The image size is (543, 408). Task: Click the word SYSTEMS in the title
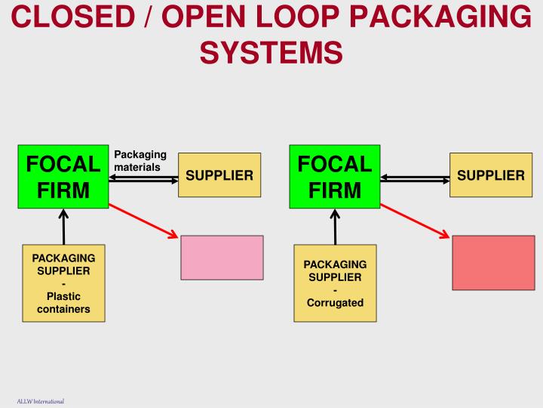(x=271, y=53)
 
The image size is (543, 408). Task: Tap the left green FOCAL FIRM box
(x=63, y=176)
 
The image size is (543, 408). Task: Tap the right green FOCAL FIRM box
(x=335, y=176)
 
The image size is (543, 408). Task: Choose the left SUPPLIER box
(x=219, y=175)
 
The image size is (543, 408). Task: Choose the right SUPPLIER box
(x=491, y=175)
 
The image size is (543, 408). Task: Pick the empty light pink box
(x=222, y=258)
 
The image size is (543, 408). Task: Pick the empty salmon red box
(x=493, y=263)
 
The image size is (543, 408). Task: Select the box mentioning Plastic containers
(x=63, y=282)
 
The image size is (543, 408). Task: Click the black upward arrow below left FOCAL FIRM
(x=63, y=227)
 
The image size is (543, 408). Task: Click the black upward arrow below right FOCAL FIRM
(x=335, y=227)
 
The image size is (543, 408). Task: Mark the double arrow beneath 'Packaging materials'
(x=143, y=178)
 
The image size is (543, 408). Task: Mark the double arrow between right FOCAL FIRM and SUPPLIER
(x=415, y=178)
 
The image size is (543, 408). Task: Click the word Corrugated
(x=335, y=303)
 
